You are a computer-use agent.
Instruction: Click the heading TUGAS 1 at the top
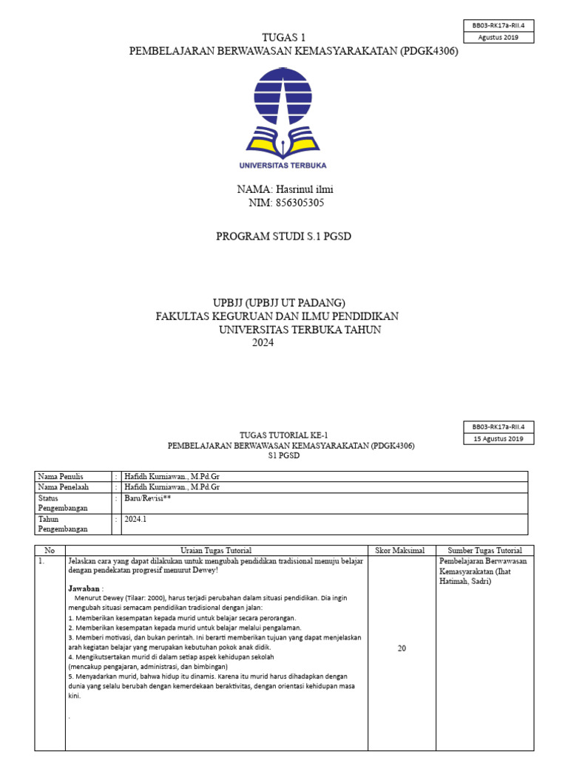point(284,38)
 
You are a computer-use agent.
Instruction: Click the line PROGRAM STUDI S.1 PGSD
point(283,237)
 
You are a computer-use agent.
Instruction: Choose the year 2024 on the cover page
point(263,342)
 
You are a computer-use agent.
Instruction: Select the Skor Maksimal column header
point(401,550)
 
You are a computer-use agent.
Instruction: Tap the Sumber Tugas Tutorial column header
point(484,550)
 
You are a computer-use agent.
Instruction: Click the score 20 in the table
point(402,648)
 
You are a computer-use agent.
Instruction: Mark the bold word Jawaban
point(84,588)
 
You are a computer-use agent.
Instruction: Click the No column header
point(50,550)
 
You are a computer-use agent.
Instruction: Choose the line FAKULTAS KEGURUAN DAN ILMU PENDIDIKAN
point(277,316)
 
